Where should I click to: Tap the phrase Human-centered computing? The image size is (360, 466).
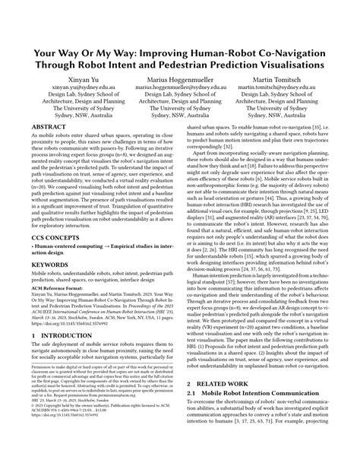click(x=64, y=290)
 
